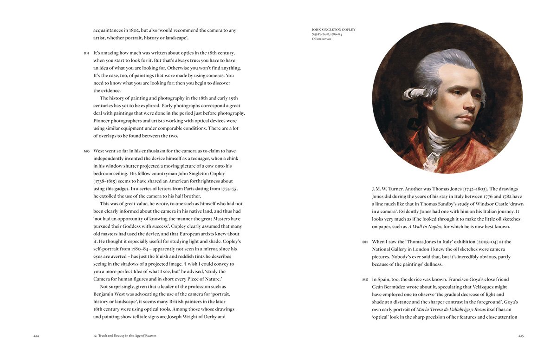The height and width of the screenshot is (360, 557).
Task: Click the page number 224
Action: click(x=36, y=335)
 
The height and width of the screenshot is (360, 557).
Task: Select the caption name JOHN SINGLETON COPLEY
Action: click(x=334, y=30)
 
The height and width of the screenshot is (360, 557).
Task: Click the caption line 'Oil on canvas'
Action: click(x=322, y=39)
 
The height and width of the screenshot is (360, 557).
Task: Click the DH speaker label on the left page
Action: click(x=86, y=53)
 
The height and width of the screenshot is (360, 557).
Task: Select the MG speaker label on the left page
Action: click(x=86, y=151)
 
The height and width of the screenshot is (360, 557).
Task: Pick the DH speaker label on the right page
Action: click(x=365, y=242)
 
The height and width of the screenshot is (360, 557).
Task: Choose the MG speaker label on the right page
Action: click(x=365, y=280)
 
